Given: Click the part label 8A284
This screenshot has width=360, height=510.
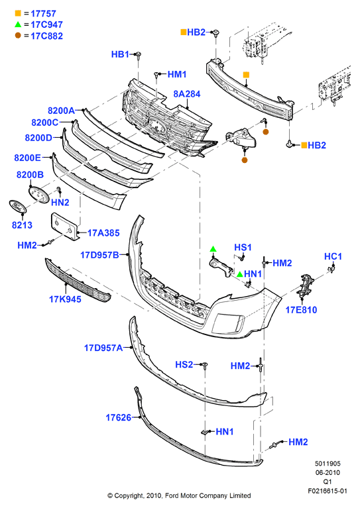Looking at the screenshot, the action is (186, 94).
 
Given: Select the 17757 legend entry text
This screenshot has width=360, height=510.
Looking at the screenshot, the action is (43, 14).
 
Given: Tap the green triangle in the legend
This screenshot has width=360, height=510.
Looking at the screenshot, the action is (18, 24).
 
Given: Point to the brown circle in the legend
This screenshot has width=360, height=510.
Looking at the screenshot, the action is (18, 35).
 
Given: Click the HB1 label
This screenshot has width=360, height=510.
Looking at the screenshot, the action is (120, 54).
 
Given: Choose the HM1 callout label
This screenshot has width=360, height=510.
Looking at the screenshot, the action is (177, 74).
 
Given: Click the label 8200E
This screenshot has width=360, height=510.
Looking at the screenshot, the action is (28, 158).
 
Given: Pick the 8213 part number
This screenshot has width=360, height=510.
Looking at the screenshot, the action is (22, 225).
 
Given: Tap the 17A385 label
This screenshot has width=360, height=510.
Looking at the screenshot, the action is (103, 233).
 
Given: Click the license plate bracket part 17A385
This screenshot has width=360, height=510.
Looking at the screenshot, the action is (64, 227).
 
